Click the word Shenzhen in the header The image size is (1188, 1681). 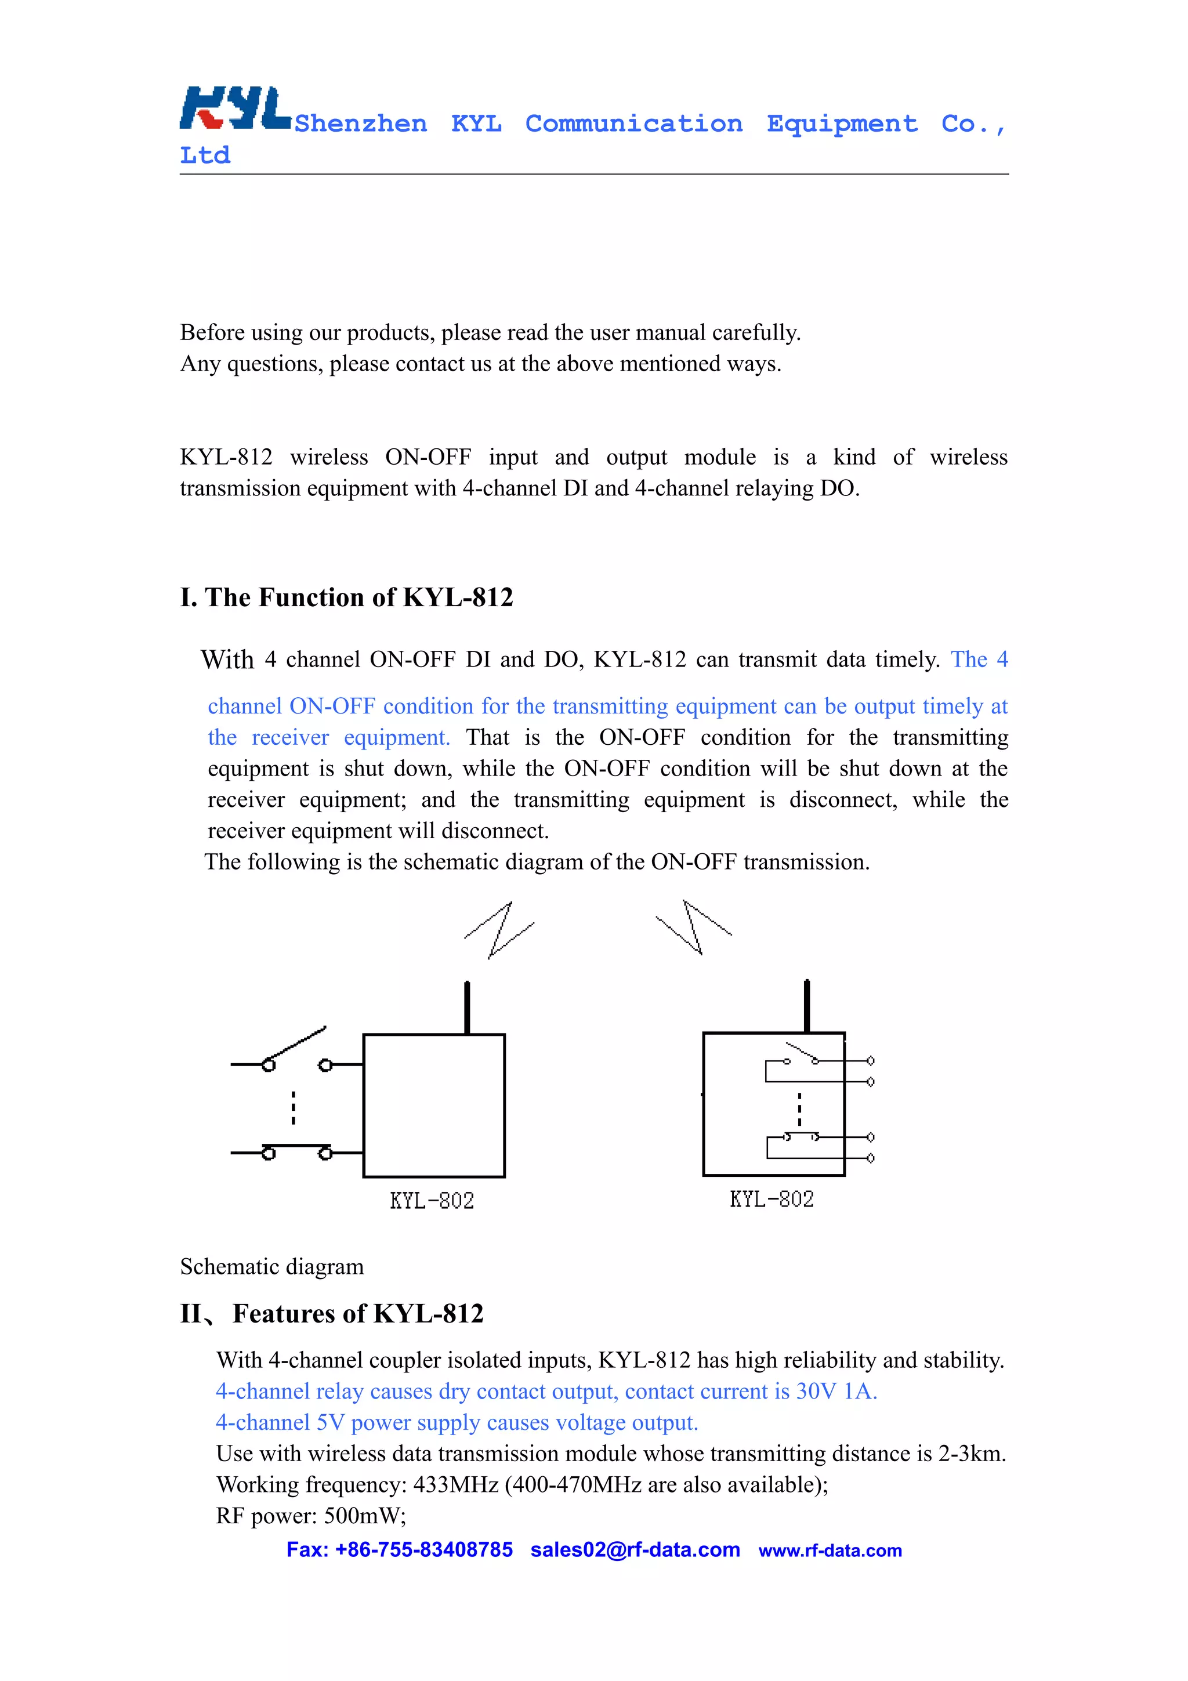[361, 124]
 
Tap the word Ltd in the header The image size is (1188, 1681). [205, 155]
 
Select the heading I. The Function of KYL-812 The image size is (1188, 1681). [346, 597]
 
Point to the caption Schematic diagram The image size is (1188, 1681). [271, 1267]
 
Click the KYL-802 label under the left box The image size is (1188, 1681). [432, 1201]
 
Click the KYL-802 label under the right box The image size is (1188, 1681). [772, 1199]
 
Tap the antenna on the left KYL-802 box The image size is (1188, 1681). [467, 1008]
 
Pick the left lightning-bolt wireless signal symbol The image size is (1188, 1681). [499, 930]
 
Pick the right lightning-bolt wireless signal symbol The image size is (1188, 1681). [693, 928]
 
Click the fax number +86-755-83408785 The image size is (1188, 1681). [424, 1549]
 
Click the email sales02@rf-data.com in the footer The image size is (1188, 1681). [635, 1549]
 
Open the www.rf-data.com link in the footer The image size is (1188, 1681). [830, 1550]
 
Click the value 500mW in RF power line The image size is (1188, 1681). [364, 1516]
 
